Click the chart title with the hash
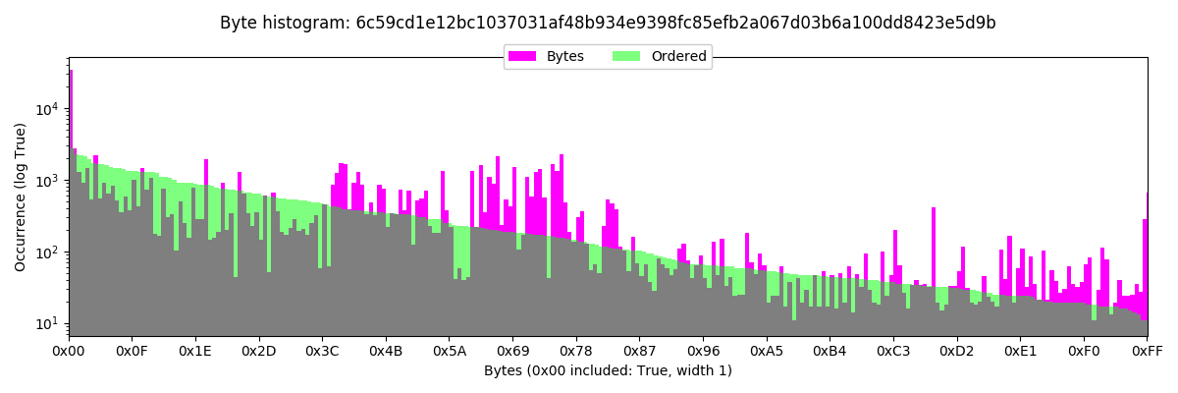pyautogui.click(x=608, y=23)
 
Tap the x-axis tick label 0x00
pyautogui.click(x=69, y=350)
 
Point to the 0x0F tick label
pyautogui.click(x=132, y=350)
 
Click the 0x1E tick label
pyautogui.click(x=195, y=350)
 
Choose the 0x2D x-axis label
pyautogui.click(x=259, y=350)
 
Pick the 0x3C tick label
pyautogui.click(x=322, y=350)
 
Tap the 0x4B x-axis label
pyautogui.click(x=386, y=350)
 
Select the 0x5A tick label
pyautogui.click(x=450, y=350)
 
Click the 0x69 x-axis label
pyautogui.click(x=512, y=350)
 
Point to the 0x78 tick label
pyautogui.click(x=576, y=350)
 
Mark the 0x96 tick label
pyautogui.click(x=703, y=350)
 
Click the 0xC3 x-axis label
pyautogui.click(x=893, y=350)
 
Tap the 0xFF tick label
pyautogui.click(x=1147, y=350)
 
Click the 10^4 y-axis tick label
pyautogui.click(x=47, y=108)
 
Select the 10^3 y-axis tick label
pyautogui.click(x=47, y=181)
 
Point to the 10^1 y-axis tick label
pyautogui.click(x=47, y=324)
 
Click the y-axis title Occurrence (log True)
pyautogui.click(x=21, y=196)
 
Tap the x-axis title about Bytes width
pyautogui.click(x=608, y=370)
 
